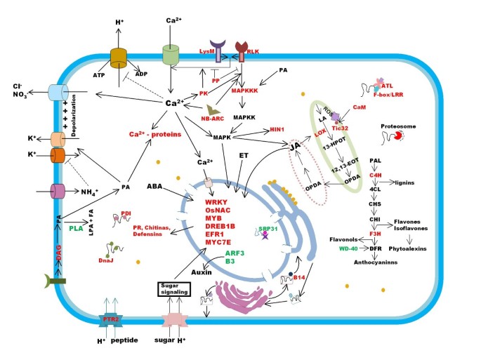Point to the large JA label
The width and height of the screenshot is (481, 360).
point(296,147)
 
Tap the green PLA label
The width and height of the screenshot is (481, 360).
point(77,228)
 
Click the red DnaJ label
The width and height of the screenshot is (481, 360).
point(107,259)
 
